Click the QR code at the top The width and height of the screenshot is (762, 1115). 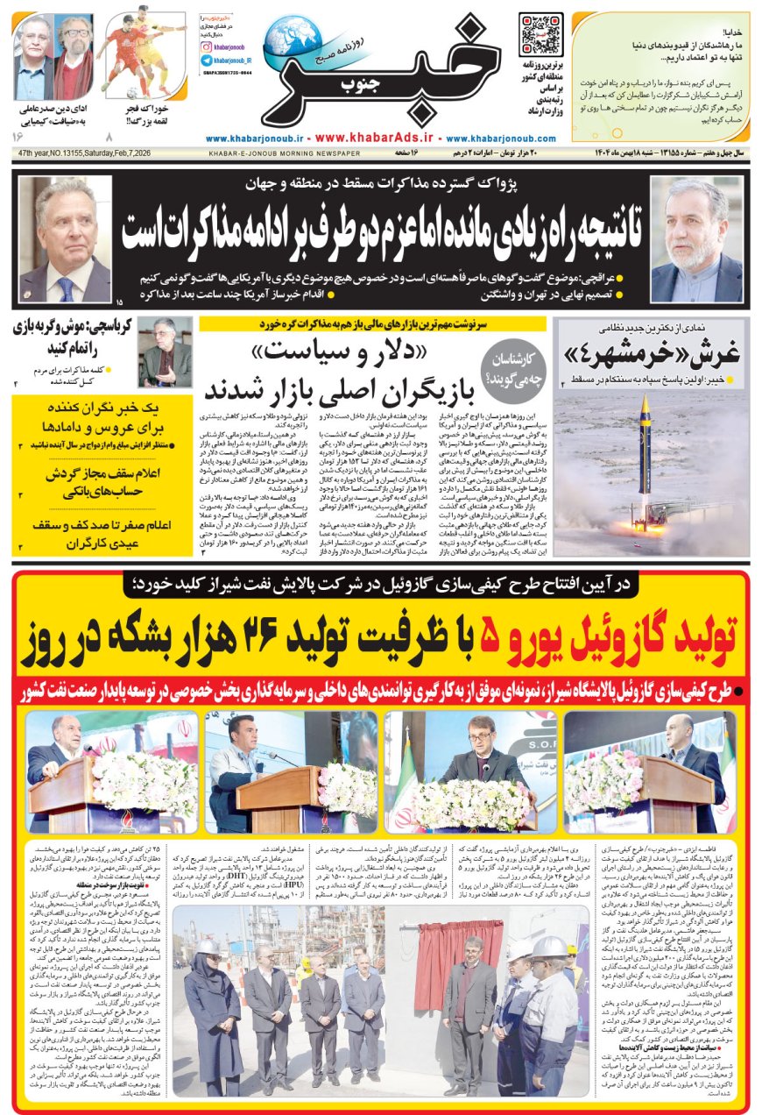[540, 34]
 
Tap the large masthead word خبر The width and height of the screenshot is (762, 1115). [385, 75]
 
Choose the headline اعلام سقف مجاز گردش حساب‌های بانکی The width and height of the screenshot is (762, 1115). [98, 484]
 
